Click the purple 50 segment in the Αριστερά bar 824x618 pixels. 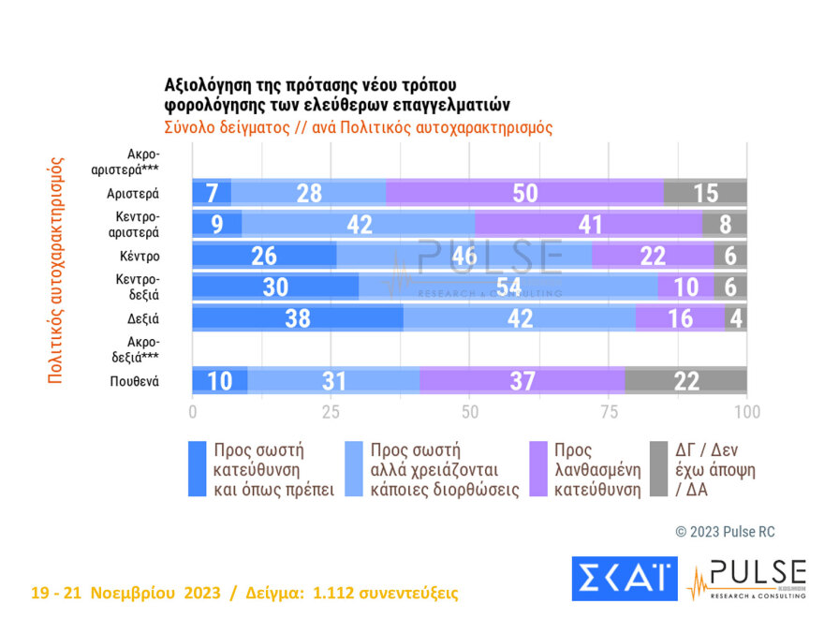coord(524,193)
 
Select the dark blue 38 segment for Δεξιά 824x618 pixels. coord(297,317)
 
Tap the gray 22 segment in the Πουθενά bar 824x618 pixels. coord(685,380)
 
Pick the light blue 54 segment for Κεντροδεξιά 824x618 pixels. coord(508,287)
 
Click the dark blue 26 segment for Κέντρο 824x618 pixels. coord(264,256)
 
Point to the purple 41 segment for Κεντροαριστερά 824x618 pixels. coord(588,225)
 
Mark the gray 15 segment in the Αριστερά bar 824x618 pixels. coord(705,193)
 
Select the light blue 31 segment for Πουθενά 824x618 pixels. coord(333,380)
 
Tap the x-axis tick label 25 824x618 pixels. coord(331,411)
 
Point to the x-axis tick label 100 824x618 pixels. coord(746,411)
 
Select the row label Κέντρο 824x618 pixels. coord(140,256)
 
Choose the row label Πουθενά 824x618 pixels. coord(134,381)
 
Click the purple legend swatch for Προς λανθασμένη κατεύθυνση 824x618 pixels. coord(538,468)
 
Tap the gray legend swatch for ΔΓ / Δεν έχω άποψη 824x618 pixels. coord(658,468)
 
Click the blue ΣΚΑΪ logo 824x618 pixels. coord(624,580)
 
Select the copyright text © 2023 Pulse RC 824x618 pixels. coord(725,532)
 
